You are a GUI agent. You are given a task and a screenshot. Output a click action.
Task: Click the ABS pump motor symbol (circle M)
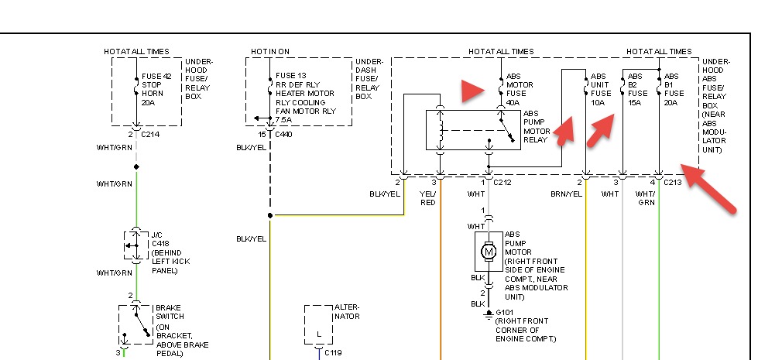pos(489,251)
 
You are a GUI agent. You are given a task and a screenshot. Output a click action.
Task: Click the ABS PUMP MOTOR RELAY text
pos(536,126)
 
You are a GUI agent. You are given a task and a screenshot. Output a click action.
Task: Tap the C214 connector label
pos(150,134)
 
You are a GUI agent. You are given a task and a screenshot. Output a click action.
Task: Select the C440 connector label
pos(283,134)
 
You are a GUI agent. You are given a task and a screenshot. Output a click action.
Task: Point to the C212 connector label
pos(502,183)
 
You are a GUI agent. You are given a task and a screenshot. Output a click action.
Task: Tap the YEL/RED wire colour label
pos(428,197)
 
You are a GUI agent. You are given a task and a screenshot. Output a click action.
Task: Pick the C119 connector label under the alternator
pos(333,352)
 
